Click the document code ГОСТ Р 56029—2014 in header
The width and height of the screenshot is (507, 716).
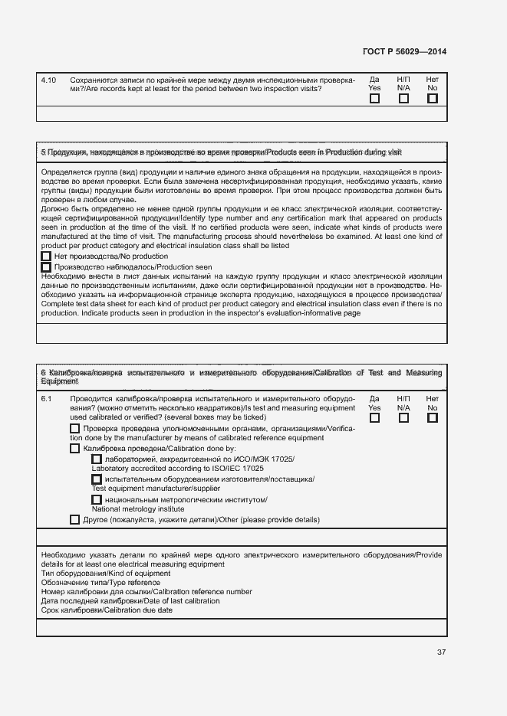pyautogui.click(x=404, y=52)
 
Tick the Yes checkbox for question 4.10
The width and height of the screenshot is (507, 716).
pyautogui.click(x=374, y=98)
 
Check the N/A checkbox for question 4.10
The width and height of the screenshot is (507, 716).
pyautogui.click(x=403, y=98)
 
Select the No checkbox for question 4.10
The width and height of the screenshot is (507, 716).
pyautogui.click(x=432, y=98)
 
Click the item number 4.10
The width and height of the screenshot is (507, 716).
pyautogui.click(x=48, y=80)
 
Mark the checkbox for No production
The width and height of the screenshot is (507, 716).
pyautogui.click(x=46, y=257)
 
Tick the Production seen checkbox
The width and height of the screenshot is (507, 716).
pyautogui.click(x=46, y=267)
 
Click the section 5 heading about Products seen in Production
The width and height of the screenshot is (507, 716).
pyautogui.click(x=221, y=153)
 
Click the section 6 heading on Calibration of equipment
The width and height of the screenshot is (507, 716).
pyautogui.click(x=241, y=376)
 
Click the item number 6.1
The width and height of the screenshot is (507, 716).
pyautogui.click(x=46, y=399)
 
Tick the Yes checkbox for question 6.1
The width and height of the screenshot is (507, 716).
pyautogui.click(x=374, y=417)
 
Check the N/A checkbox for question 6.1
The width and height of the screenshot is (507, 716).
pyautogui.click(x=403, y=417)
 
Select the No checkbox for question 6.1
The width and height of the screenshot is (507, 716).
pyautogui.click(x=432, y=417)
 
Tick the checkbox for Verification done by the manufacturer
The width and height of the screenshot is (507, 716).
pyautogui.click(x=74, y=429)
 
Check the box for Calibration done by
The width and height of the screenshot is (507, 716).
pyautogui.click(x=74, y=448)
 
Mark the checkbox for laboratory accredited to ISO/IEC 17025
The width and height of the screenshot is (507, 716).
pyautogui.click(x=97, y=459)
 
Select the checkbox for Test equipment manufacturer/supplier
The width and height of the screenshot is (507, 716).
pyautogui.click(x=97, y=479)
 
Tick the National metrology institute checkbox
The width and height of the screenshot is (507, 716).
pyautogui.click(x=97, y=500)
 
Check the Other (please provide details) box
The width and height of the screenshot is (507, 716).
pyautogui.click(x=74, y=519)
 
